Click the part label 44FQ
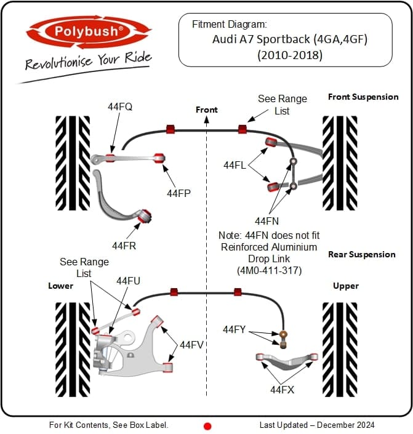click(120, 106)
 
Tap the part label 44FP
click(178, 193)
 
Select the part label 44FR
click(124, 246)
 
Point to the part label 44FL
click(235, 165)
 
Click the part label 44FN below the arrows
click(267, 221)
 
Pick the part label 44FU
click(128, 281)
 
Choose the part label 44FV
click(191, 345)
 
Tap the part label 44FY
click(234, 329)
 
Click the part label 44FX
click(282, 390)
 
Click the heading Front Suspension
click(363, 97)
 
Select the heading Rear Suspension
click(361, 254)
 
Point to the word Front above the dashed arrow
click(207, 110)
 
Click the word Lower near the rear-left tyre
click(60, 286)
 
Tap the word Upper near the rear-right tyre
click(346, 286)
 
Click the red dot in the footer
click(207, 426)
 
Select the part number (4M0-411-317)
click(269, 270)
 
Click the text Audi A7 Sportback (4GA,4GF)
click(290, 39)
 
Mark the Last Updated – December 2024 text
click(317, 425)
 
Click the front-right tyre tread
click(340, 163)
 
